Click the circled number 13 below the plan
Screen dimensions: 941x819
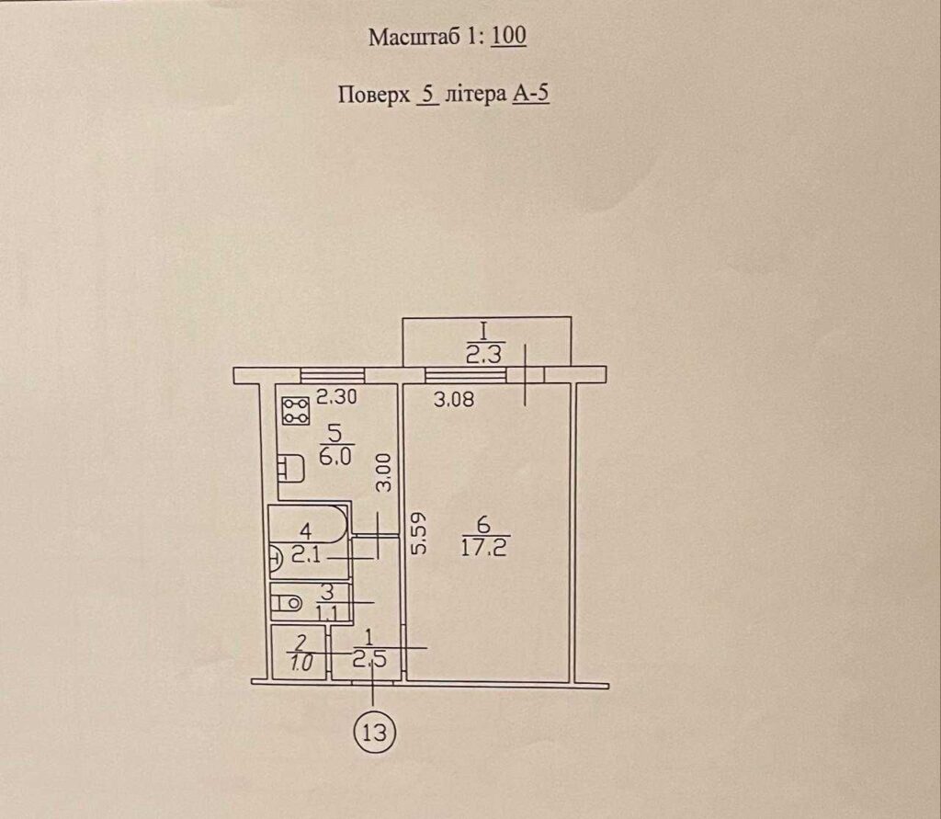(375, 733)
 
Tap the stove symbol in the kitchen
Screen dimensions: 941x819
(295, 411)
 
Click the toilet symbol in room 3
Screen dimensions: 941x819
(287, 603)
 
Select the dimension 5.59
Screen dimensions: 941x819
(419, 532)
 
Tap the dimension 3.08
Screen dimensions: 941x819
(454, 399)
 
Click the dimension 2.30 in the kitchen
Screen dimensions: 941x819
(336, 397)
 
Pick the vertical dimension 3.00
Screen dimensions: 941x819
(383, 472)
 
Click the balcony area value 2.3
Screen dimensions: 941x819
(483, 355)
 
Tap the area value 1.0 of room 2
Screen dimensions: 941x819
(300, 663)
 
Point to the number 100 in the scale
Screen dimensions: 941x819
(509, 36)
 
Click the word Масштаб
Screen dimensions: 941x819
(416, 37)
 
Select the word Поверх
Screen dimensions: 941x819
(374, 95)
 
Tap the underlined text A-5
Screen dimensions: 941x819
(531, 94)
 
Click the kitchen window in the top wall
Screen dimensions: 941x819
(333, 375)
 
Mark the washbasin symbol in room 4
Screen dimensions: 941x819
(276, 560)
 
